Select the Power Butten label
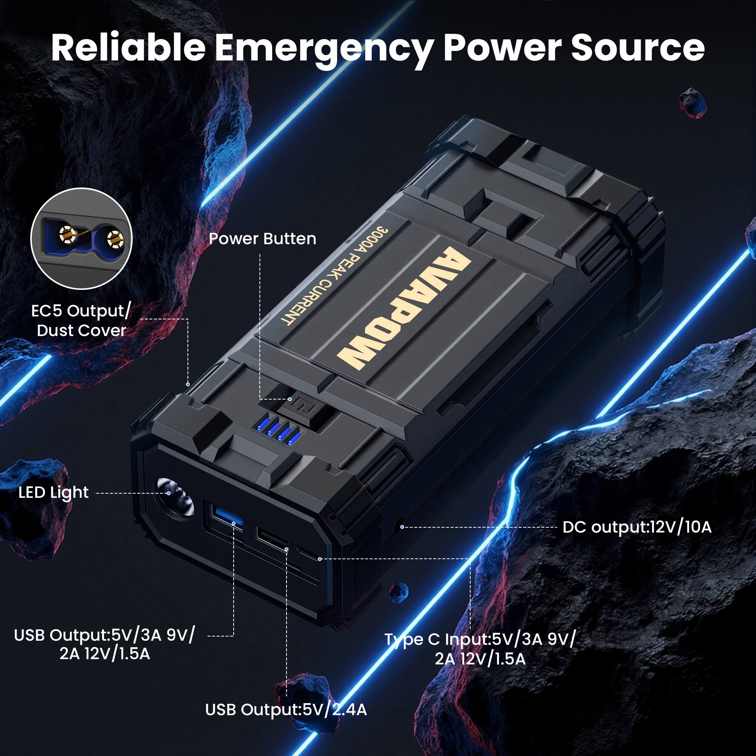click(x=262, y=239)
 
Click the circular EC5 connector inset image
click(x=81, y=239)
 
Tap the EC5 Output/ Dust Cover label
click(x=81, y=321)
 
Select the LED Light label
click(x=54, y=492)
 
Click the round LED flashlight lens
click(x=176, y=498)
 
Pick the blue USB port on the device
click(x=226, y=517)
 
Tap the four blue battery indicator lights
click(x=278, y=434)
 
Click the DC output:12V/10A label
click(x=637, y=527)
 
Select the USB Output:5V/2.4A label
click(x=286, y=710)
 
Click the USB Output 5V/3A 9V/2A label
click(x=104, y=644)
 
